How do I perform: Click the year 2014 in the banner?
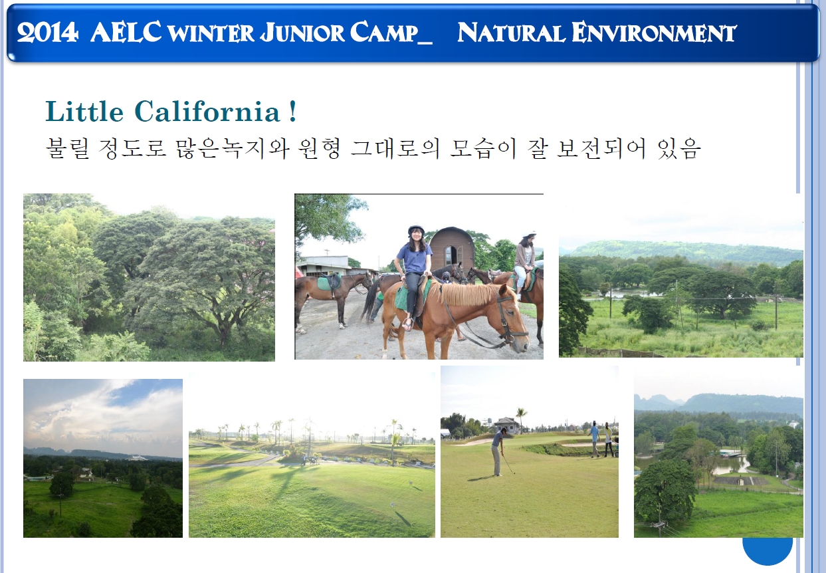(x=48, y=33)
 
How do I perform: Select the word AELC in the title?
(x=126, y=32)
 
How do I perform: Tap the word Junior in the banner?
(x=302, y=32)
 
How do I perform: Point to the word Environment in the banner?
(x=654, y=32)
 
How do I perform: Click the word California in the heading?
(x=207, y=111)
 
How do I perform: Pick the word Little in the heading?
(x=84, y=111)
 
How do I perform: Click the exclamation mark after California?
(x=293, y=111)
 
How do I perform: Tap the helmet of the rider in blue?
(x=416, y=229)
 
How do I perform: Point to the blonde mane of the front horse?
(x=466, y=293)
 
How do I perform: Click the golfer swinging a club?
(x=499, y=451)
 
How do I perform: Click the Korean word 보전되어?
(x=601, y=148)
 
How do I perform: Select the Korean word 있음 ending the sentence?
(x=678, y=148)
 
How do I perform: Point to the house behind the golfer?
(x=506, y=425)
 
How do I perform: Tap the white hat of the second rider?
(x=529, y=234)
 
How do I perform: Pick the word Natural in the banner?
(x=511, y=32)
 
